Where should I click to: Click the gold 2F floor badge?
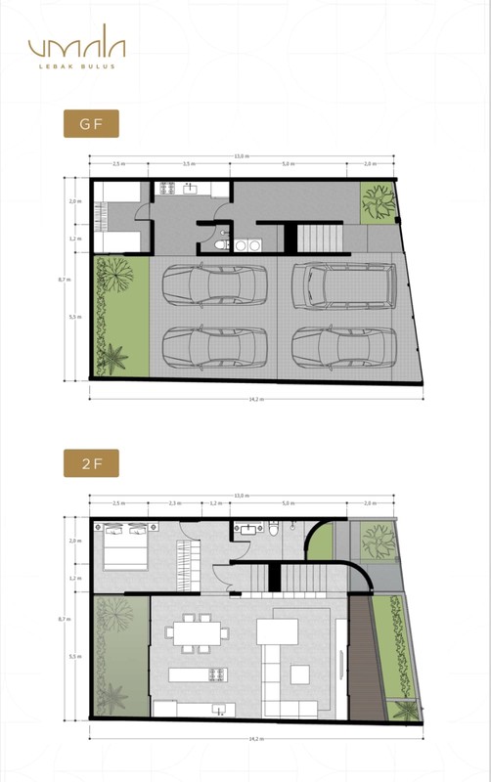(91, 463)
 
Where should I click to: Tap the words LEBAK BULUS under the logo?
(76, 67)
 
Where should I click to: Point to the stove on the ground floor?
(165, 187)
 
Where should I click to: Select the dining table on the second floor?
(199, 631)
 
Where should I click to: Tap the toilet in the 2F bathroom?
(275, 529)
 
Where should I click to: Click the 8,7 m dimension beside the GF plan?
(65, 280)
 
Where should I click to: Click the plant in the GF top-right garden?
(377, 202)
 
